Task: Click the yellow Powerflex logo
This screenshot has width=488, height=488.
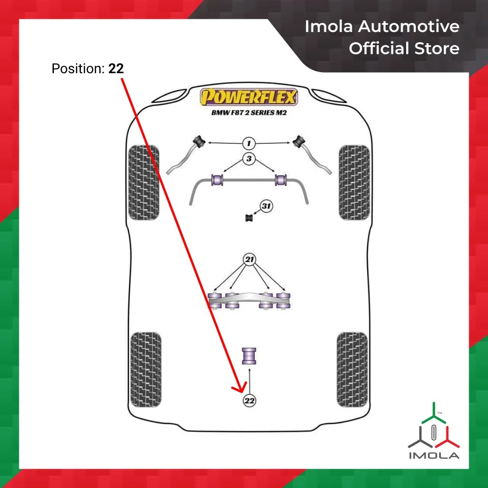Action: coord(249,97)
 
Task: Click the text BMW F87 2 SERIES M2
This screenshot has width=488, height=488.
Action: coord(249,113)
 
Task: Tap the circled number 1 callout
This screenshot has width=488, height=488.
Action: coord(249,143)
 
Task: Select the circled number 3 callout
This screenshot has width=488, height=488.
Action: coord(249,159)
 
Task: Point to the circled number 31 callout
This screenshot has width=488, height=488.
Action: coord(266,206)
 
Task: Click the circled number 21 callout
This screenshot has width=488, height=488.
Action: coord(249,260)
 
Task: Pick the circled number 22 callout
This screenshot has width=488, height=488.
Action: coord(249,401)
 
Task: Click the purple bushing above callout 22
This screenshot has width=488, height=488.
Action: coord(249,356)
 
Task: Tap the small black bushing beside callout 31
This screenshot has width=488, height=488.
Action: coord(250,218)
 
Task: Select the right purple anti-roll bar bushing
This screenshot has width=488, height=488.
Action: coord(281,180)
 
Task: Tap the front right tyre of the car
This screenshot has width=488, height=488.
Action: coord(354,182)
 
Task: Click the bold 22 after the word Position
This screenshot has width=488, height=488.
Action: coord(116,69)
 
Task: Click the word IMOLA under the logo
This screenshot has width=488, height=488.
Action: coord(434,455)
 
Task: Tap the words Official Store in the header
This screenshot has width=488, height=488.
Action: coord(404,49)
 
